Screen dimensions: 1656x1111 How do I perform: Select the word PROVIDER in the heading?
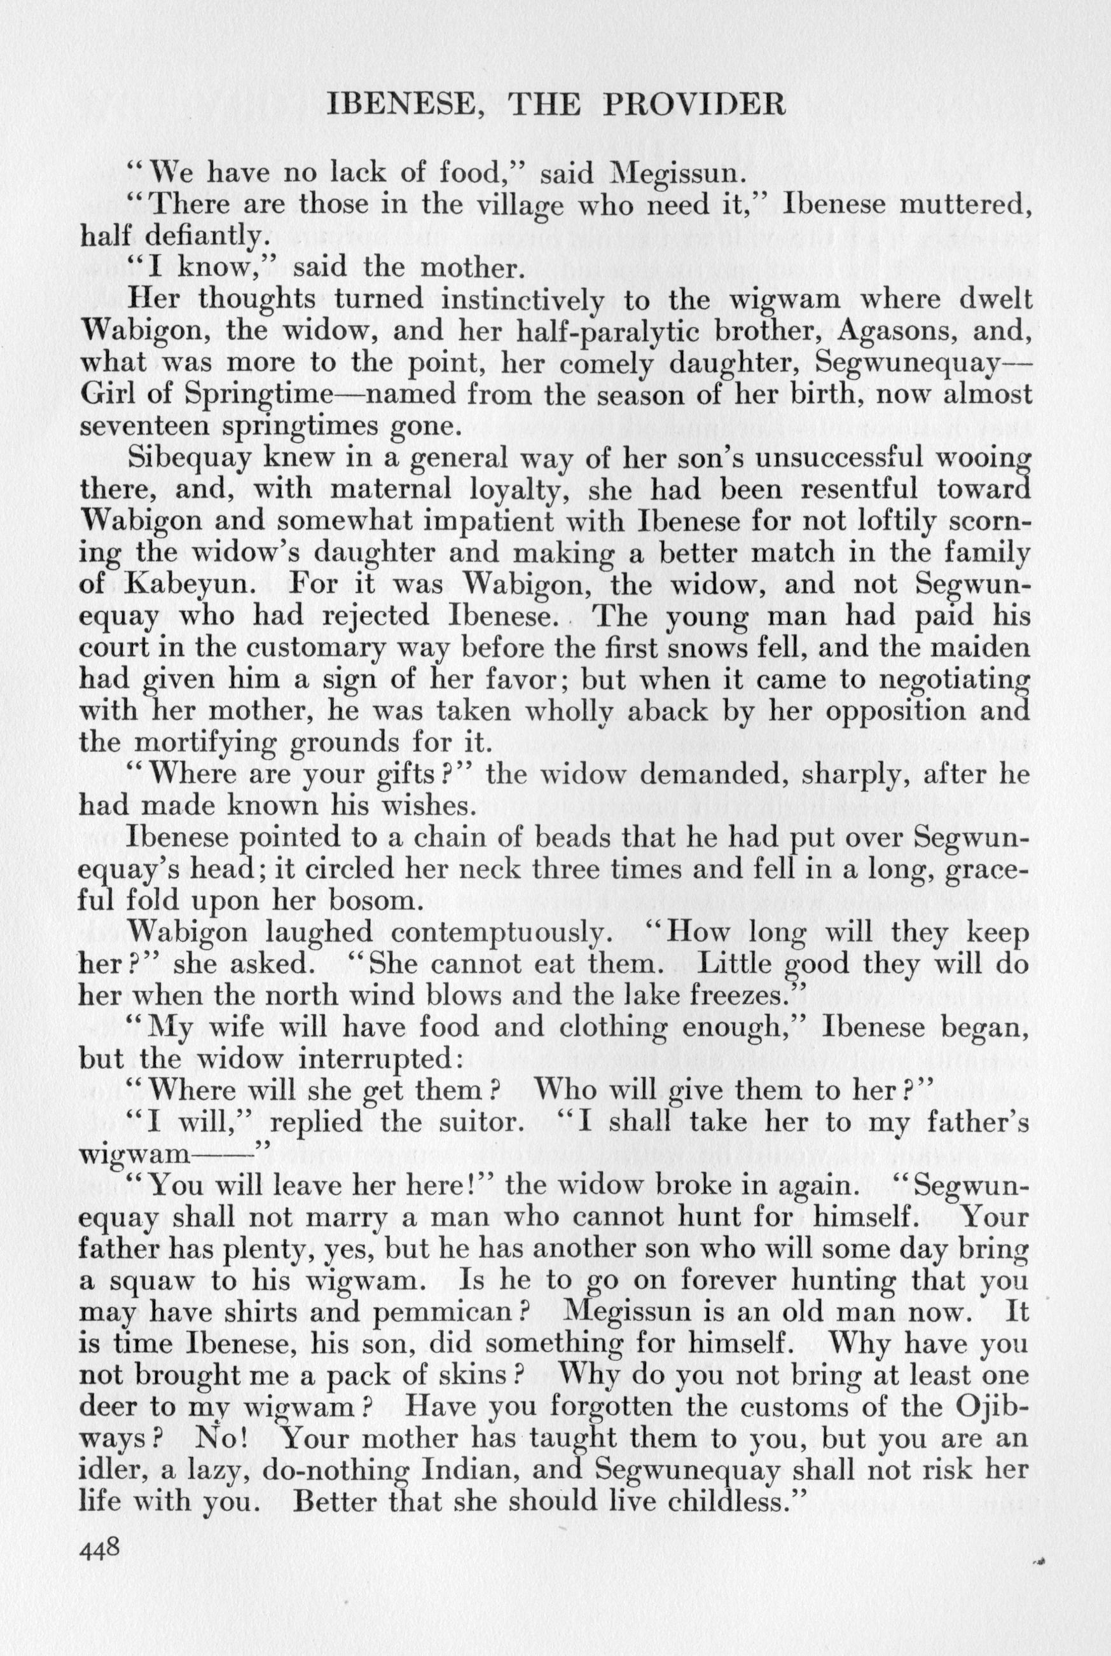point(694,106)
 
